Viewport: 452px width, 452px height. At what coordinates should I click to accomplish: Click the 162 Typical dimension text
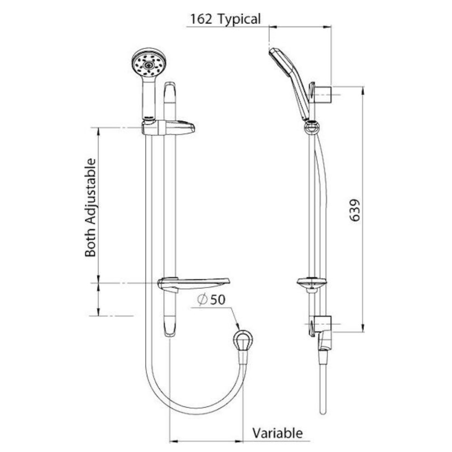(225, 19)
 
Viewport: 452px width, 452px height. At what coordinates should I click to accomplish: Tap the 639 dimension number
(355, 210)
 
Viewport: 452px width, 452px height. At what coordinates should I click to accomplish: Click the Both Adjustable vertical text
(91, 207)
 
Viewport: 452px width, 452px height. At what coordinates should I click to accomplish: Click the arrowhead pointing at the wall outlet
(237, 326)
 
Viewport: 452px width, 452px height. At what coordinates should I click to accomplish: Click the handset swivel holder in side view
(311, 127)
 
